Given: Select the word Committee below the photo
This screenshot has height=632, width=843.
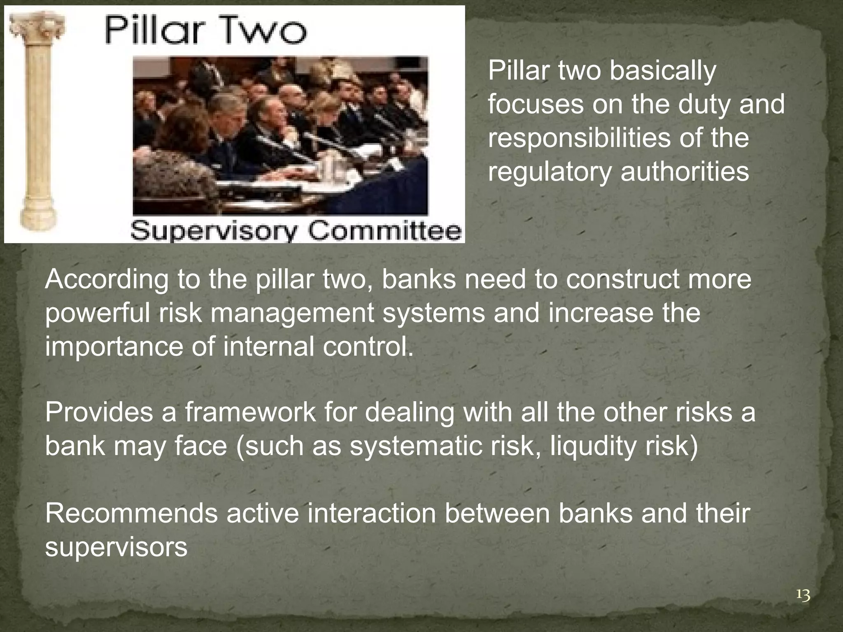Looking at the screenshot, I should [x=385, y=232].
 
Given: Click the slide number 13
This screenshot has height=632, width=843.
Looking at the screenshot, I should [x=803, y=595].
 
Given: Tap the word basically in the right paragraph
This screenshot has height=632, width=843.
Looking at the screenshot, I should [x=663, y=71].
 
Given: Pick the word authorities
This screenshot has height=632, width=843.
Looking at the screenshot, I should [x=685, y=171].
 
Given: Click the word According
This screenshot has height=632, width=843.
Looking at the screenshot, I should [x=107, y=280].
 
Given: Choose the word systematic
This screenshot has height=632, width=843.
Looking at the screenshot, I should [x=415, y=446].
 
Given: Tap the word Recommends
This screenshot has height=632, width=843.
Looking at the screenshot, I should [x=131, y=514].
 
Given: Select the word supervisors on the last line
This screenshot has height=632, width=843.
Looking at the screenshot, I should [x=116, y=548].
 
